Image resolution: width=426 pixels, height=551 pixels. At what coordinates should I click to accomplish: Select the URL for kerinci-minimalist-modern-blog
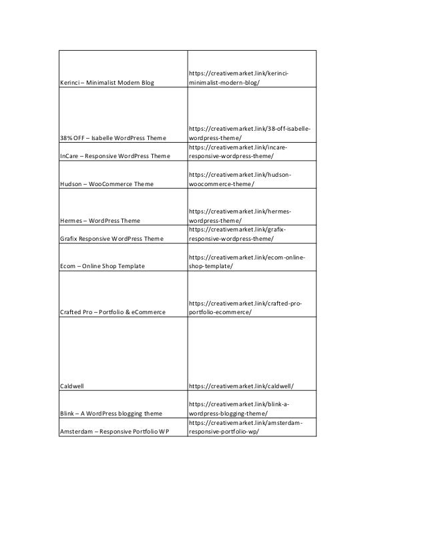(x=242, y=77)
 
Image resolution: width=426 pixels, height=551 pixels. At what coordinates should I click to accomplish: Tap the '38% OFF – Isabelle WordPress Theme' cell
(x=112, y=137)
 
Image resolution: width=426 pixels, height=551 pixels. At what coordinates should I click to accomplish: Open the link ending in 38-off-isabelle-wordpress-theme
(x=248, y=133)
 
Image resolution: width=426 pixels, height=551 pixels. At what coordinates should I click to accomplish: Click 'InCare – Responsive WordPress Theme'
(x=113, y=156)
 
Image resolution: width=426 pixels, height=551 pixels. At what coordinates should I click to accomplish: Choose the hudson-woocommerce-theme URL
(x=240, y=179)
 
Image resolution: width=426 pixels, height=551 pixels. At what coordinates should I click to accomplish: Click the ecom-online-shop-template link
(x=242, y=261)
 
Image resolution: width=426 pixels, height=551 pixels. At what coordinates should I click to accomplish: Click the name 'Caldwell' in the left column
(x=71, y=386)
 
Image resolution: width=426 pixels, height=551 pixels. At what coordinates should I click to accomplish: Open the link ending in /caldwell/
(x=242, y=386)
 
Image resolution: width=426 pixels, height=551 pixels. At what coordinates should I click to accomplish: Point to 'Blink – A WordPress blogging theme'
(x=111, y=413)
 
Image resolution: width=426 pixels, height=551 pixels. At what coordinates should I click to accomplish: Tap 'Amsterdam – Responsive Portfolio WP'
(x=114, y=431)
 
